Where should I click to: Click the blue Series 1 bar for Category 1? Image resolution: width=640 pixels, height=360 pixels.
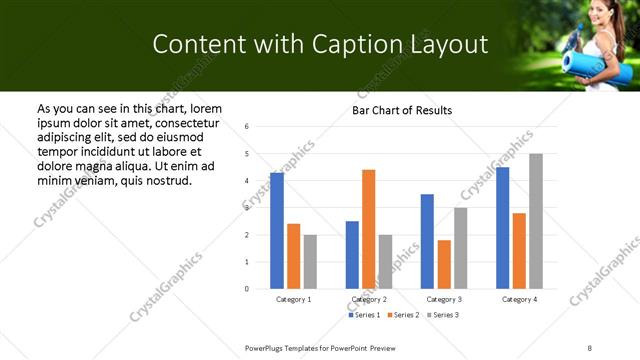pyautogui.click(x=277, y=231)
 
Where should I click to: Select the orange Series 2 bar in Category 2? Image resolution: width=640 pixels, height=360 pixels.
pyautogui.click(x=369, y=229)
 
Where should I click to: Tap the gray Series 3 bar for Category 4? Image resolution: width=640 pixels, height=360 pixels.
pyautogui.click(x=536, y=221)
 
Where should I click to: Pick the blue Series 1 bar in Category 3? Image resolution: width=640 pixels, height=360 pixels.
pyautogui.click(x=427, y=241)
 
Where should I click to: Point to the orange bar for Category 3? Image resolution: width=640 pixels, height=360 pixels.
pyautogui.click(x=444, y=264)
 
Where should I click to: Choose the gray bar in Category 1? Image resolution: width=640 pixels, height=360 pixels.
pyautogui.click(x=310, y=262)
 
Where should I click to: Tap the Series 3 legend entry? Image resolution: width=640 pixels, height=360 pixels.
pyautogui.click(x=442, y=315)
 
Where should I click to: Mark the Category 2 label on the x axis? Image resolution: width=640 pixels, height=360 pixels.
pyautogui.click(x=369, y=299)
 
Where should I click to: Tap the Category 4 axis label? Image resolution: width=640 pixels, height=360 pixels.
pyautogui.click(x=519, y=299)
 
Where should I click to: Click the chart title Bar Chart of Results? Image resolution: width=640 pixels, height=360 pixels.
pyautogui.click(x=403, y=110)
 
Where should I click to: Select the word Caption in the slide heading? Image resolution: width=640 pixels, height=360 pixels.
pyautogui.click(x=373, y=44)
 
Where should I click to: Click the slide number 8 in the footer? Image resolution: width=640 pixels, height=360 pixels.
pyautogui.click(x=589, y=346)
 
